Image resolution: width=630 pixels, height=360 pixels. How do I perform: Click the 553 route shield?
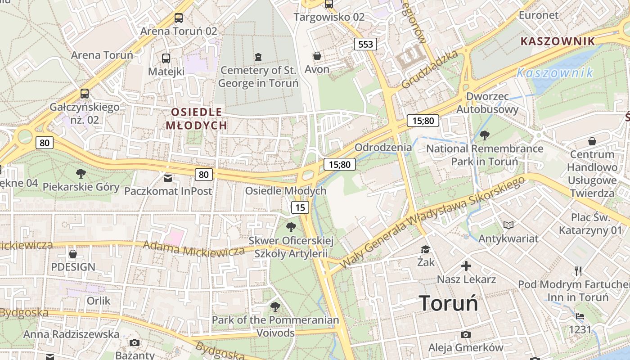tap(365, 44)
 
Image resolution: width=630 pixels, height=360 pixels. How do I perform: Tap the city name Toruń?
tap(448, 303)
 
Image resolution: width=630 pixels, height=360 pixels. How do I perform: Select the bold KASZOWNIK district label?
tap(558, 41)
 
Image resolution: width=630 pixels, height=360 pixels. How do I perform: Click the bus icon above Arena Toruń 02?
tap(179, 18)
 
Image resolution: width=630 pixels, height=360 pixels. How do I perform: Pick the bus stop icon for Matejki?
tap(166, 58)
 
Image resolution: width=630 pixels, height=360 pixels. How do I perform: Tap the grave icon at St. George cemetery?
tap(258, 57)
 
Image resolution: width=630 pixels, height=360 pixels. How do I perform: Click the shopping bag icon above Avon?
tap(317, 56)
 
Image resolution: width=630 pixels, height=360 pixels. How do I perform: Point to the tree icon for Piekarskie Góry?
tap(81, 173)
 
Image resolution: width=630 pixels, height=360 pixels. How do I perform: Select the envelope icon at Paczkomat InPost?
tap(168, 178)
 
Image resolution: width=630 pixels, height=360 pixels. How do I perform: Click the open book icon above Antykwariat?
tap(508, 225)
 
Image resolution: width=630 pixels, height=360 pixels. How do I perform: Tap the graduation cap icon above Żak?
tap(425, 249)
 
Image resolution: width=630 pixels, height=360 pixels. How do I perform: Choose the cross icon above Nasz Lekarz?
tap(466, 266)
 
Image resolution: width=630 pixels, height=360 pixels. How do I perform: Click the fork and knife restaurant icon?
tap(578, 271)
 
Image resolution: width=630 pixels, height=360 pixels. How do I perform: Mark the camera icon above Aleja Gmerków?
tap(466, 334)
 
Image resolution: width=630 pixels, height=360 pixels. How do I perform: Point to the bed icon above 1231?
tap(580, 316)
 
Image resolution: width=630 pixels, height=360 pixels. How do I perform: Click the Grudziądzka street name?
tap(430, 69)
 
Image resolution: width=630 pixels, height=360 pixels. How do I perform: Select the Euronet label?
tap(539, 15)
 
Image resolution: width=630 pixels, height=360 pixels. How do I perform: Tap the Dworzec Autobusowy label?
tap(487, 103)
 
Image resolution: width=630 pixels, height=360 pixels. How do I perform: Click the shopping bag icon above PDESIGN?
tap(73, 254)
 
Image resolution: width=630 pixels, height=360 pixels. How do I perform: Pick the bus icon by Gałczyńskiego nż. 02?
tap(85, 94)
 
